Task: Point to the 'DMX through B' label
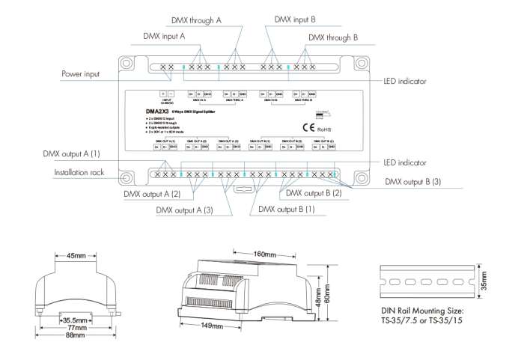pyautogui.click(x=333, y=36)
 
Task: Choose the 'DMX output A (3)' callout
pyautogui.click(x=184, y=210)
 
